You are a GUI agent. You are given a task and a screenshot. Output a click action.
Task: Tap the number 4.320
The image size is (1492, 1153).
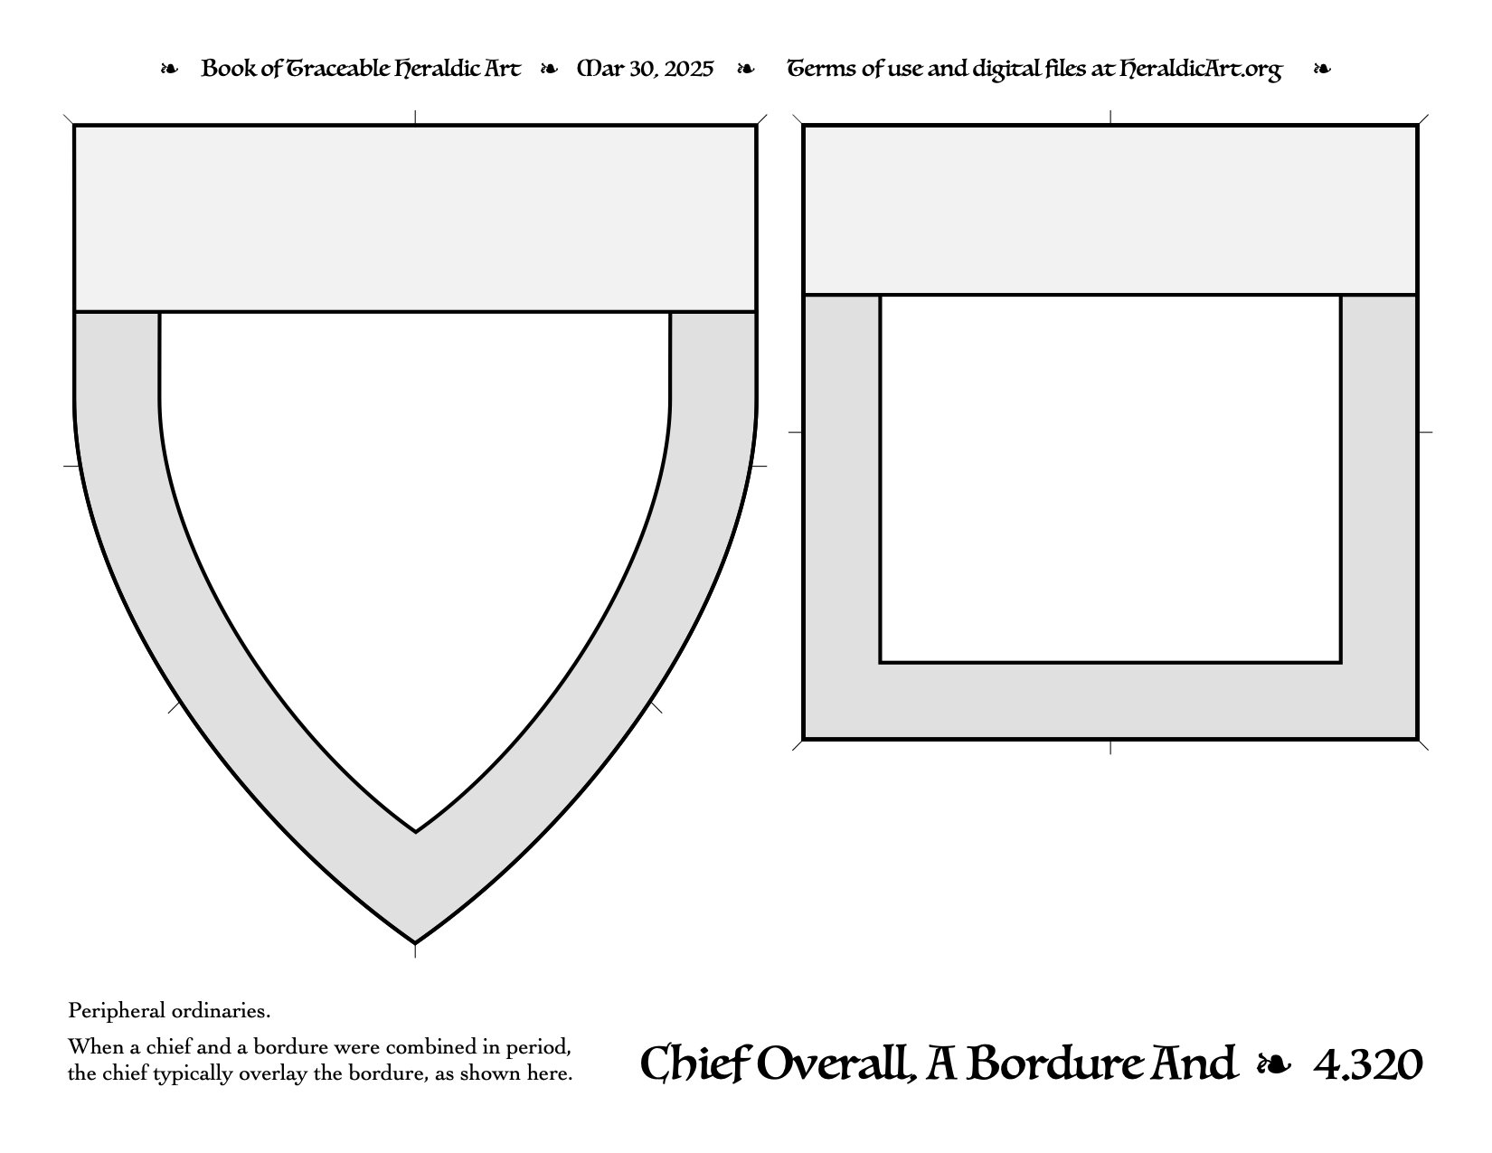point(1368,1064)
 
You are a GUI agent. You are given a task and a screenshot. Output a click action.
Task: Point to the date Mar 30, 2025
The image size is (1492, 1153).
point(645,69)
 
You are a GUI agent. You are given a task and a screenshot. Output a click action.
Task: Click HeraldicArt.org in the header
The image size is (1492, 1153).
point(1200,70)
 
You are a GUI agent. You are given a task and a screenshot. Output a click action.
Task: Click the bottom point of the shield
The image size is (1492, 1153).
point(415,943)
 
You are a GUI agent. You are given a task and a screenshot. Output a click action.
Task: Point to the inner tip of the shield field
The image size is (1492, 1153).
point(415,832)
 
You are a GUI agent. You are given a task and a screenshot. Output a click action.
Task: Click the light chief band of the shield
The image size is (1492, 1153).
point(415,218)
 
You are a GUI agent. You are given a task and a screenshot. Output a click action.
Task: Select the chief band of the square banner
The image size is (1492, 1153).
point(1110,210)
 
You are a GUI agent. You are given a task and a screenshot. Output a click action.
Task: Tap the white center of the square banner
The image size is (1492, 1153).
point(1110,479)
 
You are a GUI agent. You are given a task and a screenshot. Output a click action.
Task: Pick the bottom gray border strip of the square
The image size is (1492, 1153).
point(1110,701)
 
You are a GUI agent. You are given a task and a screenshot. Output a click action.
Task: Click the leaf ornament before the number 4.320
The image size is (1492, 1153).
point(1274,1065)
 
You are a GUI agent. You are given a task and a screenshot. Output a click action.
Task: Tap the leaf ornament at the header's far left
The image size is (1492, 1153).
point(169,69)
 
